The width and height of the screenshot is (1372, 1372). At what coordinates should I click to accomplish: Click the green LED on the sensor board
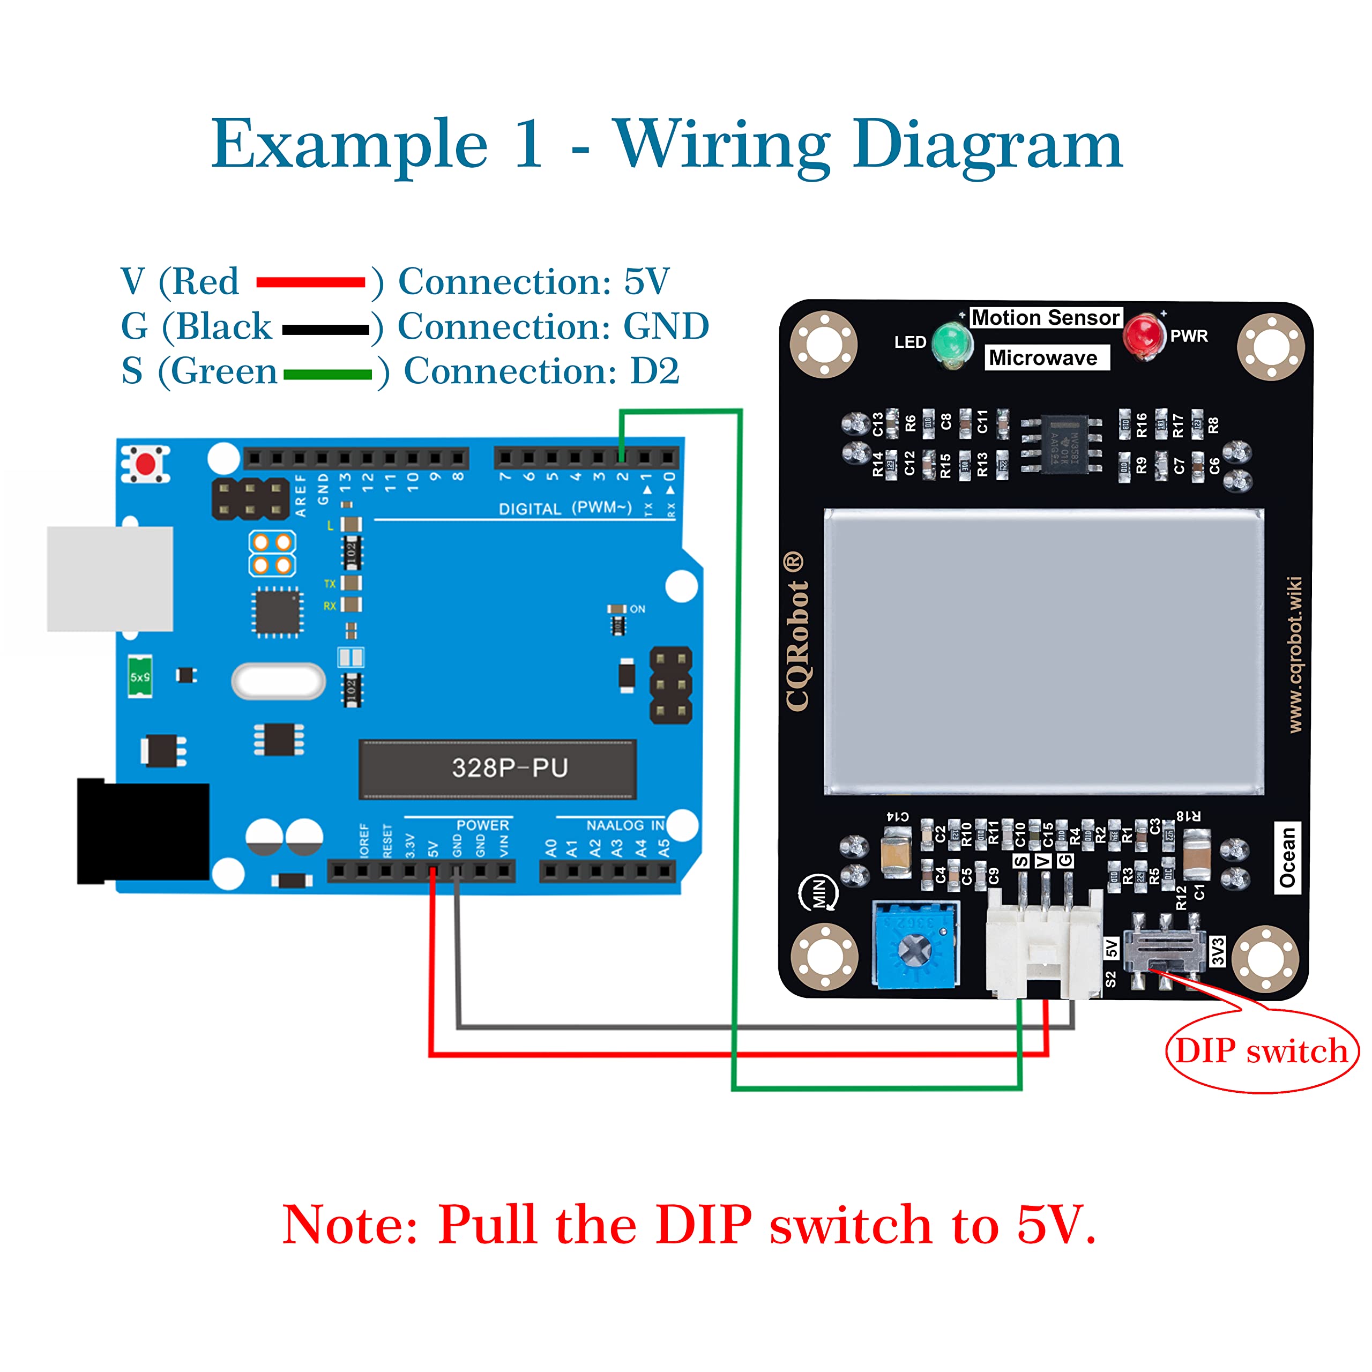point(952,343)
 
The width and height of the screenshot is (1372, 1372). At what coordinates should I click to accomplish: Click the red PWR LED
point(1143,334)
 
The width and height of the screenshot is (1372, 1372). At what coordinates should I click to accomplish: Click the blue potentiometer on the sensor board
point(916,945)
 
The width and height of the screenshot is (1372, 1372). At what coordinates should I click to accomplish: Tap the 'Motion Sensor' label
point(1045,317)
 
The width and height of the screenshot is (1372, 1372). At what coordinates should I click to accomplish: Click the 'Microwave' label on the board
point(1043,358)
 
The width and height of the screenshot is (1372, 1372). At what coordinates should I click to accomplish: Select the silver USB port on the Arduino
point(110,579)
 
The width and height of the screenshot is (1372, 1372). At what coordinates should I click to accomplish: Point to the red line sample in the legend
point(310,282)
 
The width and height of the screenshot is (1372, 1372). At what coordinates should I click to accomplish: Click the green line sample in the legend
point(327,374)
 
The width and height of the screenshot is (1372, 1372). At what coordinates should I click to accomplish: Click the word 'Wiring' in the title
point(723,146)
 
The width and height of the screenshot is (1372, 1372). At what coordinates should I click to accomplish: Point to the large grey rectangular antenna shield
point(1043,652)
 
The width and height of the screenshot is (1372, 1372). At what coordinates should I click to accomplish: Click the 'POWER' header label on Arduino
point(482,825)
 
